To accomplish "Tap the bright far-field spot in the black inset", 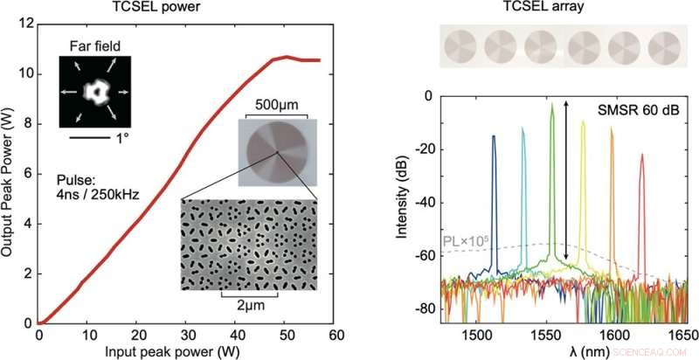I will click(x=93, y=90).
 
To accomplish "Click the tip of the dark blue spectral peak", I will click(x=494, y=136).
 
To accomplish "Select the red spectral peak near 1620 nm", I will click(x=642, y=156).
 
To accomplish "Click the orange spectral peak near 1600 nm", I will click(x=612, y=129).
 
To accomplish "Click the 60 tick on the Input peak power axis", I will click(x=336, y=336).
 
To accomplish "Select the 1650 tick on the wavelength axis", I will click(x=685, y=336).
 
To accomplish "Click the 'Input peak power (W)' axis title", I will click(x=186, y=350).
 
